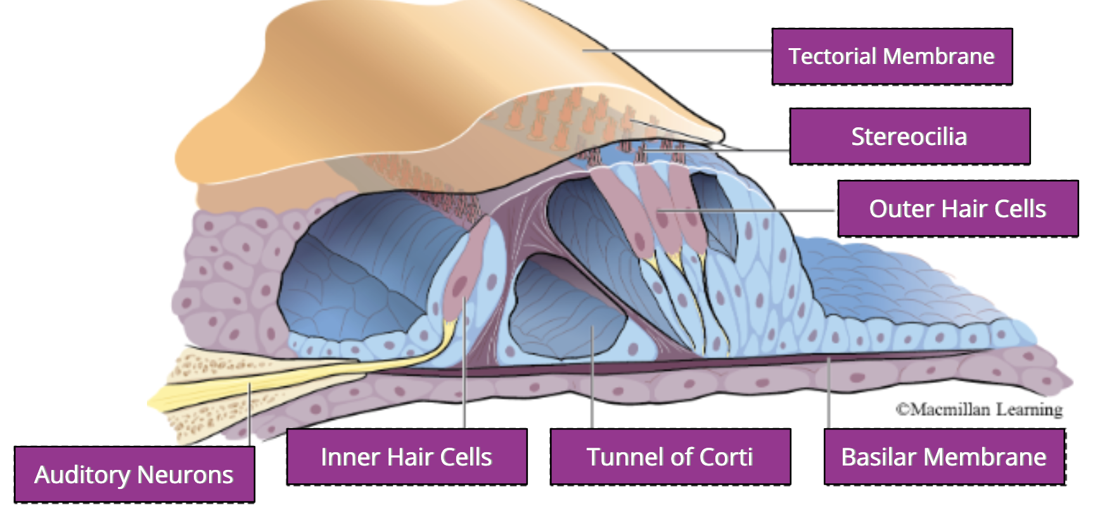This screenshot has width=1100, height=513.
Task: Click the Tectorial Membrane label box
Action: click(892, 56)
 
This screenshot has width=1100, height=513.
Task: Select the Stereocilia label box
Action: click(909, 136)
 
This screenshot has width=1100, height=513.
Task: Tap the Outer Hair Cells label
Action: click(957, 208)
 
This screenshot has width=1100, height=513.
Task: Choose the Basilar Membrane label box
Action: click(943, 457)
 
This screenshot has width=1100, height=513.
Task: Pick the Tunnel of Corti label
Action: click(670, 457)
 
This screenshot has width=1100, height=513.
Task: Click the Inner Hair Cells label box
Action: click(406, 457)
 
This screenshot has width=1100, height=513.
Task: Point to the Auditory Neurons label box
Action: click(134, 474)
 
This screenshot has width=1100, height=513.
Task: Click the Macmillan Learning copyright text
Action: click(979, 410)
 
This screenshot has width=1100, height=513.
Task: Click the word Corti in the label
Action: click(726, 457)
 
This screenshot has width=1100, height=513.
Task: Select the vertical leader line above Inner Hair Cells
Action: click(464, 380)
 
